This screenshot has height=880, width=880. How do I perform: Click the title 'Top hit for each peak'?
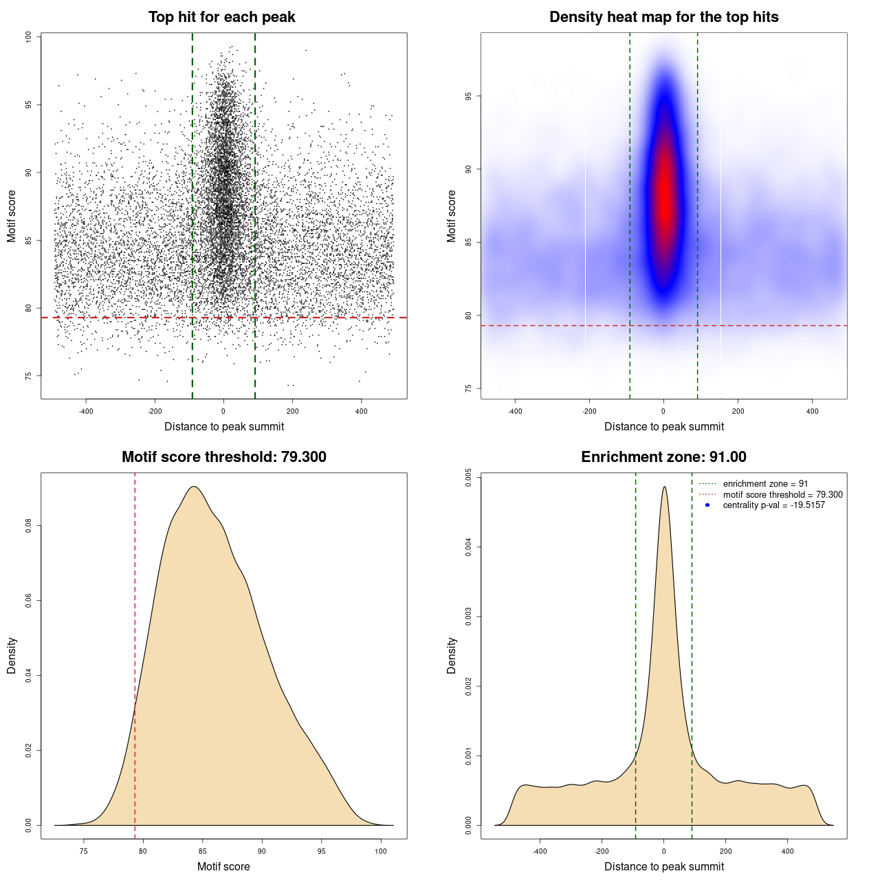click(221, 17)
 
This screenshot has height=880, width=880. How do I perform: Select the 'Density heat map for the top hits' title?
click(663, 17)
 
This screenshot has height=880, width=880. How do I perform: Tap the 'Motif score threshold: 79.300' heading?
click(223, 457)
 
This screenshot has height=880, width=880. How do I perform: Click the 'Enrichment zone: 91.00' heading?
click(663, 457)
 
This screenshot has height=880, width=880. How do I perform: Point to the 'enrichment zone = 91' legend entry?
click(765, 484)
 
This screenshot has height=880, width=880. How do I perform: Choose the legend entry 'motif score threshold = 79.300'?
click(782, 494)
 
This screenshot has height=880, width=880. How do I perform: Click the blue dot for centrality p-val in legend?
click(707, 505)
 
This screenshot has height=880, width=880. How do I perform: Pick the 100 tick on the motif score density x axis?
click(381, 851)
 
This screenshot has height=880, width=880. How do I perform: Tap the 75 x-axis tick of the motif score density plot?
click(84, 851)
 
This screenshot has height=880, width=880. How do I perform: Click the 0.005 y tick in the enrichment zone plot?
click(469, 478)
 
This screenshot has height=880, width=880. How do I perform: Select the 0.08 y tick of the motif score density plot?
click(29, 526)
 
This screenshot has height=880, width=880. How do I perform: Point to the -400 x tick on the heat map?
click(515, 411)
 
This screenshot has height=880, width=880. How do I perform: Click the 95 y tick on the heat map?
click(469, 96)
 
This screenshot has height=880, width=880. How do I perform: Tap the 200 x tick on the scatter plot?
click(293, 411)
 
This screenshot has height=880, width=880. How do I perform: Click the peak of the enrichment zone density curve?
click(664, 487)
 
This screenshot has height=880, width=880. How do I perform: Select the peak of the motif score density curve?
click(194, 487)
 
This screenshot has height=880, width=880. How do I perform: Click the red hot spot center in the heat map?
click(664, 199)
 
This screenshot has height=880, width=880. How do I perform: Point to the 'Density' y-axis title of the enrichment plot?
click(452, 655)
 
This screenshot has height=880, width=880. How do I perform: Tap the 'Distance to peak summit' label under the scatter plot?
click(224, 427)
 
